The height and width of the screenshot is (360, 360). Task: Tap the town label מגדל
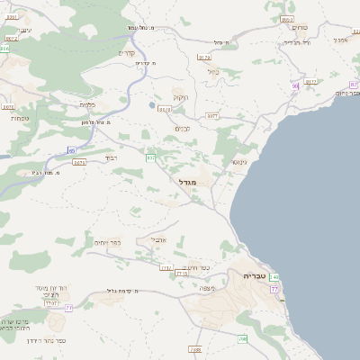(x=200, y=182)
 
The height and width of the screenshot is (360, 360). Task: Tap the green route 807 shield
(x=150, y=158)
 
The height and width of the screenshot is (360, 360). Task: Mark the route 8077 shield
(x=212, y=115)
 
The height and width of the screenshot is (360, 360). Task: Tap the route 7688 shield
(x=195, y=348)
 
